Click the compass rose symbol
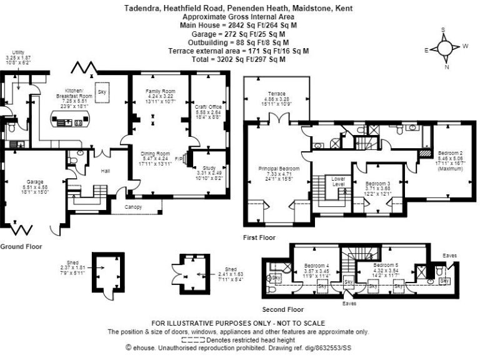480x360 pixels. click(446, 48)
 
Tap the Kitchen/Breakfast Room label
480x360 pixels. click(74, 93)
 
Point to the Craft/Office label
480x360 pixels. click(208, 107)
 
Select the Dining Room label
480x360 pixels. click(156, 154)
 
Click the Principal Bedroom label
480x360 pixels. click(279, 169)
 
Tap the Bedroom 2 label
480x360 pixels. click(450, 153)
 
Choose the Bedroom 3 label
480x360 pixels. click(377, 184)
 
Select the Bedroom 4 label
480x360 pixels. click(317, 265)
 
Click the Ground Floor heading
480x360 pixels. click(21, 247)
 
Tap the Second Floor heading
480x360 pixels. click(284, 309)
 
